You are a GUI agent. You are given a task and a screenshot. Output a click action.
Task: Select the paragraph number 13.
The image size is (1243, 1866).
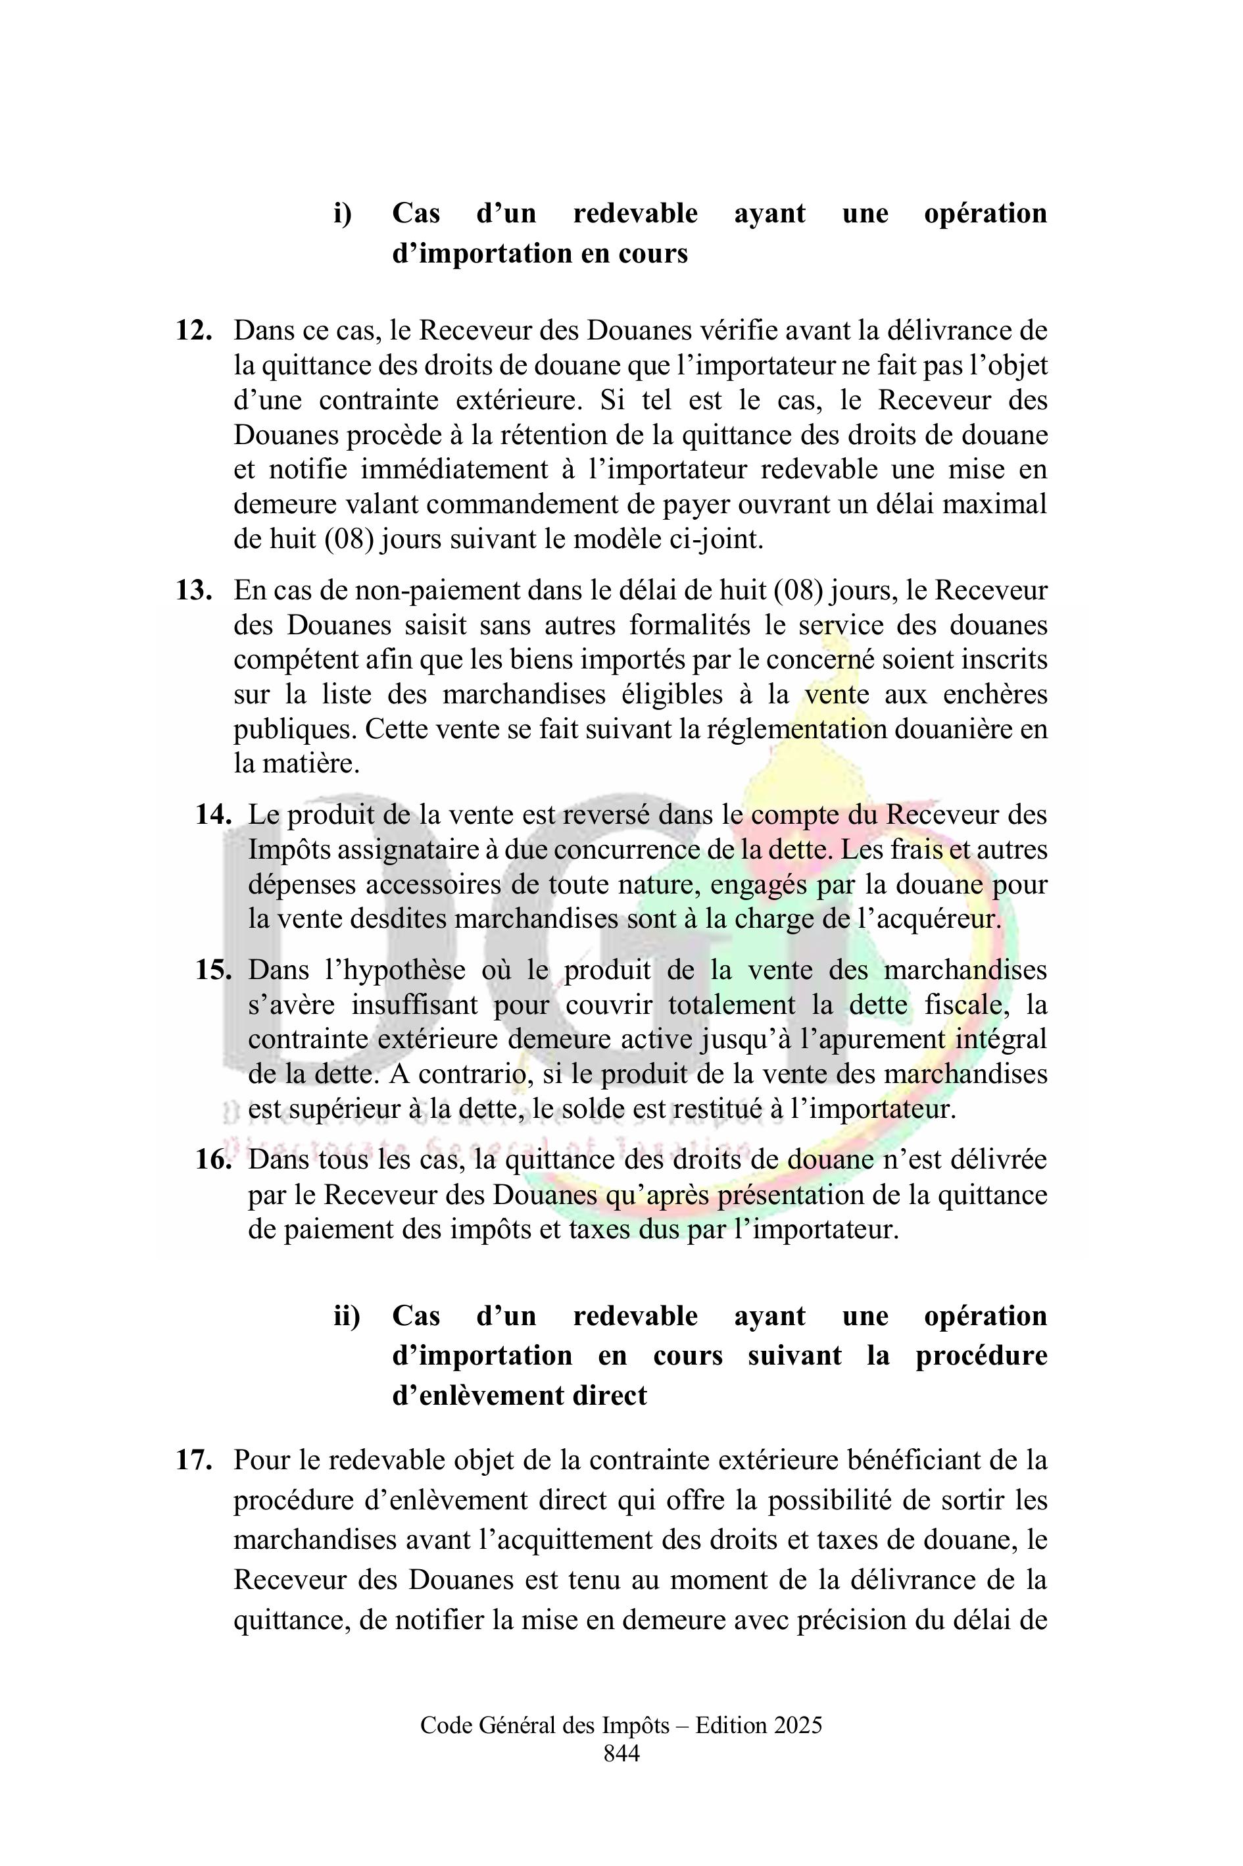point(193,590)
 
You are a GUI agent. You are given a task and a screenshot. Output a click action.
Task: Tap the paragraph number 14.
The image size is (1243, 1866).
point(213,815)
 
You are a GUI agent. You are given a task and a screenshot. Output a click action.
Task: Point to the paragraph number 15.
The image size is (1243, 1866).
point(213,970)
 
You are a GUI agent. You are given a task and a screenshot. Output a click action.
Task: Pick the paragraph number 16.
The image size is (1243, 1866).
point(213,1159)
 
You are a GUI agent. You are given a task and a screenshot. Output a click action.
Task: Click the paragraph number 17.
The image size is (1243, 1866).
point(193,1460)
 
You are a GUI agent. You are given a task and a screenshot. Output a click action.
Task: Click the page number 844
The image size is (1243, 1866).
point(621,1753)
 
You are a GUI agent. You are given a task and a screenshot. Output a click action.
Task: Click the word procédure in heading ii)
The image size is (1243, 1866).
point(981,1355)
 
